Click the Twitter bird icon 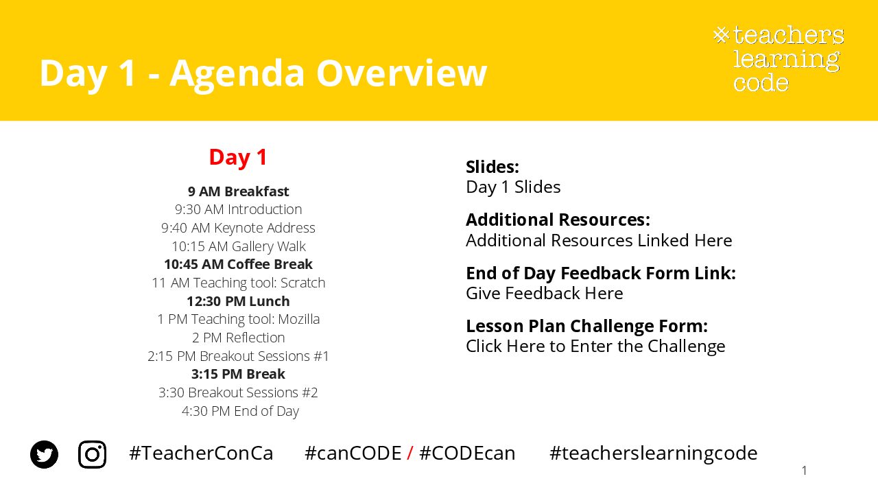tap(45, 454)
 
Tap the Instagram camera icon tap(92, 454)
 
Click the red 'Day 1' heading tap(238, 158)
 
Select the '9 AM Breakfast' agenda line tap(238, 191)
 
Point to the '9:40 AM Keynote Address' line tap(238, 228)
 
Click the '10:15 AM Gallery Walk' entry tap(238, 246)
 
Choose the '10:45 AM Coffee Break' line tap(238, 264)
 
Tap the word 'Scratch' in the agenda tap(303, 283)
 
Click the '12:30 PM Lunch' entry tap(238, 301)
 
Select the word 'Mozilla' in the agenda tap(298, 319)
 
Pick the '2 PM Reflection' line tap(238, 338)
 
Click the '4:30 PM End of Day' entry tap(240, 411)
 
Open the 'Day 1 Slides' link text tap(513, 187)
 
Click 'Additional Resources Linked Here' tap(599, 240)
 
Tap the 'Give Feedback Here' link tap(545, 293)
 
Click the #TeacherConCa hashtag tap(201, 454)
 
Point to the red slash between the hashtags tap(410, 454)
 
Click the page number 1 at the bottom tap(805, 470)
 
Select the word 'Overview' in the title tap(401, 73)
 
